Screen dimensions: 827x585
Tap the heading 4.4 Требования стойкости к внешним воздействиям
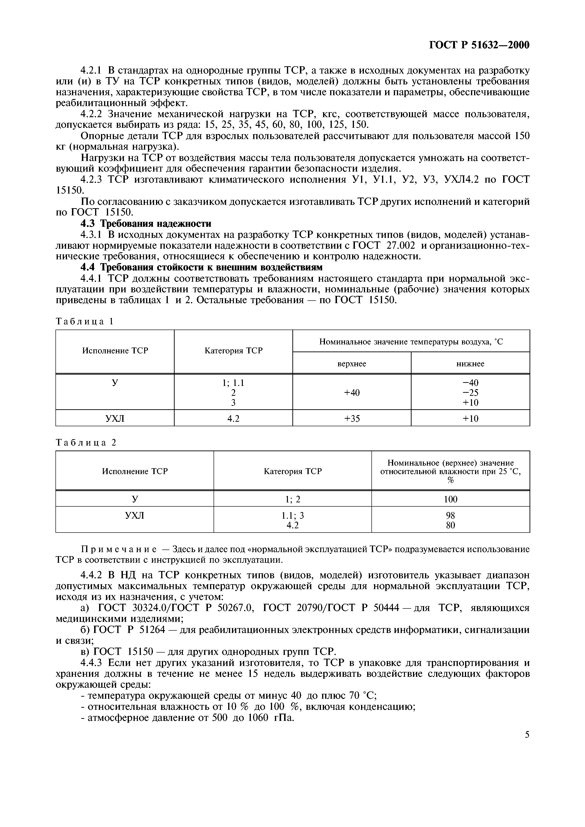202,267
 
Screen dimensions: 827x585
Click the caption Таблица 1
85,322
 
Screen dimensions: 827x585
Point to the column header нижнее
470,364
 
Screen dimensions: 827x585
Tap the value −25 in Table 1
470,393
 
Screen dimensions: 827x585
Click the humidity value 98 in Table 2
450,515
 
